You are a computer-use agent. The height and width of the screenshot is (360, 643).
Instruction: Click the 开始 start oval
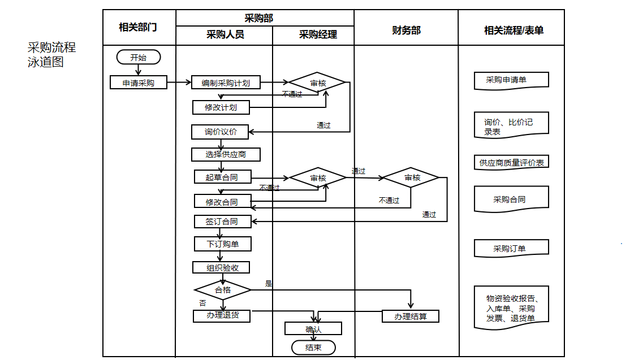tap(139, 57)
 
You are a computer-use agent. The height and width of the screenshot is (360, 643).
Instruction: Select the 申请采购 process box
tap(139, 83)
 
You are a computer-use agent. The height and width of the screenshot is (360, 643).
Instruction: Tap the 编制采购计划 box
tap(225, 83)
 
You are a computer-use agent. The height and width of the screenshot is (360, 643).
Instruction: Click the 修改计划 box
tap(221, 107)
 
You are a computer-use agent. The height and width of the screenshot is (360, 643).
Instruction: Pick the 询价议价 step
tap(221, 132)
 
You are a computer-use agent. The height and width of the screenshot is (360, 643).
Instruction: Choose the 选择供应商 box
tap(226, 154)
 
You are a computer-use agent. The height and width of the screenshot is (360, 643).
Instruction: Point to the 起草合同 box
tap(222, 177)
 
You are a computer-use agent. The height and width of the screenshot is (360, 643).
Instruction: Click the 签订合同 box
tap(222, 222)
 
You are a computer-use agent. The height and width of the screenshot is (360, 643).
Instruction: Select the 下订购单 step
tap(222, 244)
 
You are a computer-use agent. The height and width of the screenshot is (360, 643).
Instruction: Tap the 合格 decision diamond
tap(223, 290)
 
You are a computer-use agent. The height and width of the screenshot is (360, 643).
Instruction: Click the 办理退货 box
tap(222, 315)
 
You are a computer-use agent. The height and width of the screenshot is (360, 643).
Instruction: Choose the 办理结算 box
tap(411, 316)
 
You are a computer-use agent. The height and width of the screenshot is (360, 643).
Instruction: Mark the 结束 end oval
tap(313, 348)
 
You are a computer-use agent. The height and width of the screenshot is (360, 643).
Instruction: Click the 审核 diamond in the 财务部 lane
tap(412, 177)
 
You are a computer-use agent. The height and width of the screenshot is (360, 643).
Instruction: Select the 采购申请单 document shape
tap(511, 80)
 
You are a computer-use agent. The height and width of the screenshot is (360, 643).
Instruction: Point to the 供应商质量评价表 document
tap(511, 163)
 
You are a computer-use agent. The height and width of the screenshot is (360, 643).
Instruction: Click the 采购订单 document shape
tap(511, 249)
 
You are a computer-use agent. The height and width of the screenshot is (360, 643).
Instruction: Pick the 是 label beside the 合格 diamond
tap(269, 284)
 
